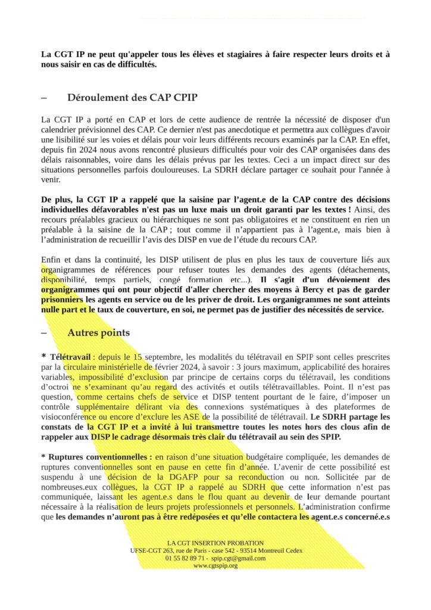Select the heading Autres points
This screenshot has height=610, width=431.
(98, 332)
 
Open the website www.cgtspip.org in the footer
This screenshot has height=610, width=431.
(215, 565)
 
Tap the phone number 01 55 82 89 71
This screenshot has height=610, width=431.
(186, 558)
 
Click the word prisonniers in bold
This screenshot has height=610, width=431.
(63, 299)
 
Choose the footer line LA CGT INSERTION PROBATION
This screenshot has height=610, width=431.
(215, 543)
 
